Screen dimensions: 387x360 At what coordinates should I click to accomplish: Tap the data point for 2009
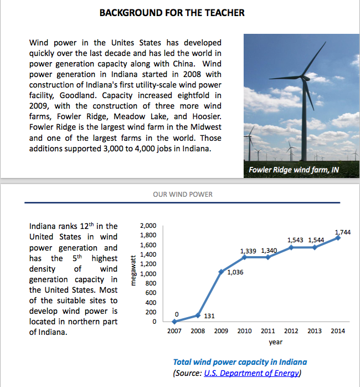[x=221, y=272]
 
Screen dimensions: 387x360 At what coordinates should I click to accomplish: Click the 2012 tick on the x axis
[x=291, y=331]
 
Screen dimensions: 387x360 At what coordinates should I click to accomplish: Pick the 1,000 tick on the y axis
[x=148, y=273]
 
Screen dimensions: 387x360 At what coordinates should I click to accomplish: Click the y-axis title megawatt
[x=133, y=271]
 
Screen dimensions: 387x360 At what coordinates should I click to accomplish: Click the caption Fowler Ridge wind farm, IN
[x=294, y=170]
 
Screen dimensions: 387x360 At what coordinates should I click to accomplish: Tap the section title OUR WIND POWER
[x=183, y=195]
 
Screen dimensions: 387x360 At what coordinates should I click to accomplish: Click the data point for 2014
[x=338, y=238]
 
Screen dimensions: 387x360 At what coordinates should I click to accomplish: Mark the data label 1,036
[x=235, y=272]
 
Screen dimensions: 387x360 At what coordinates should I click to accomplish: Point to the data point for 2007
[x=174, y=322]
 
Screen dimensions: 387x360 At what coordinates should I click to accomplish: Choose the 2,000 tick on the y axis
[x=148, y=226]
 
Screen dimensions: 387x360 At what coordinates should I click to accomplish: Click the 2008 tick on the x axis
[x=198, y=331]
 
